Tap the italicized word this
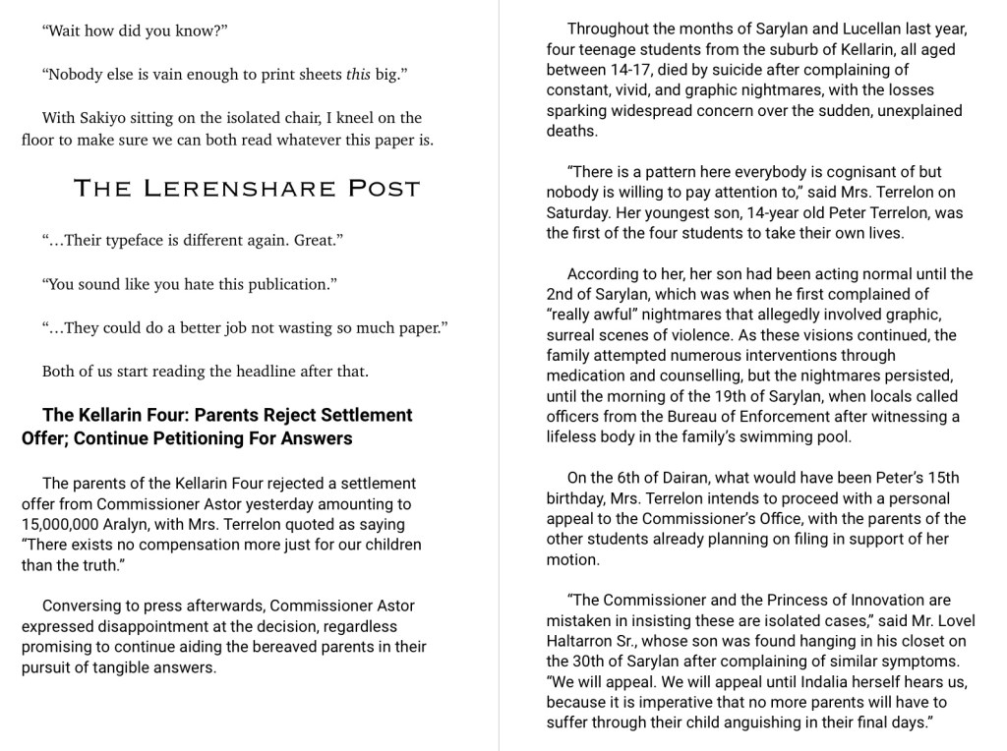click(358, 74)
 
